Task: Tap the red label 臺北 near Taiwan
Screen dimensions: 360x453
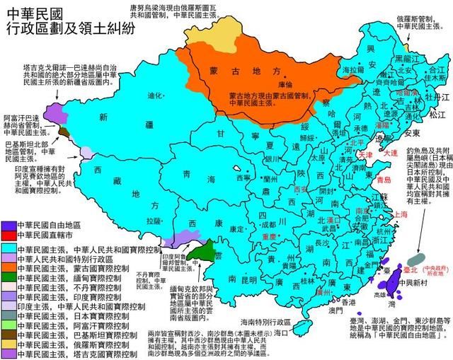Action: (411, 269)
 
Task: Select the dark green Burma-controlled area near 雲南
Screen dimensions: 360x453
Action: (205, 248)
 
